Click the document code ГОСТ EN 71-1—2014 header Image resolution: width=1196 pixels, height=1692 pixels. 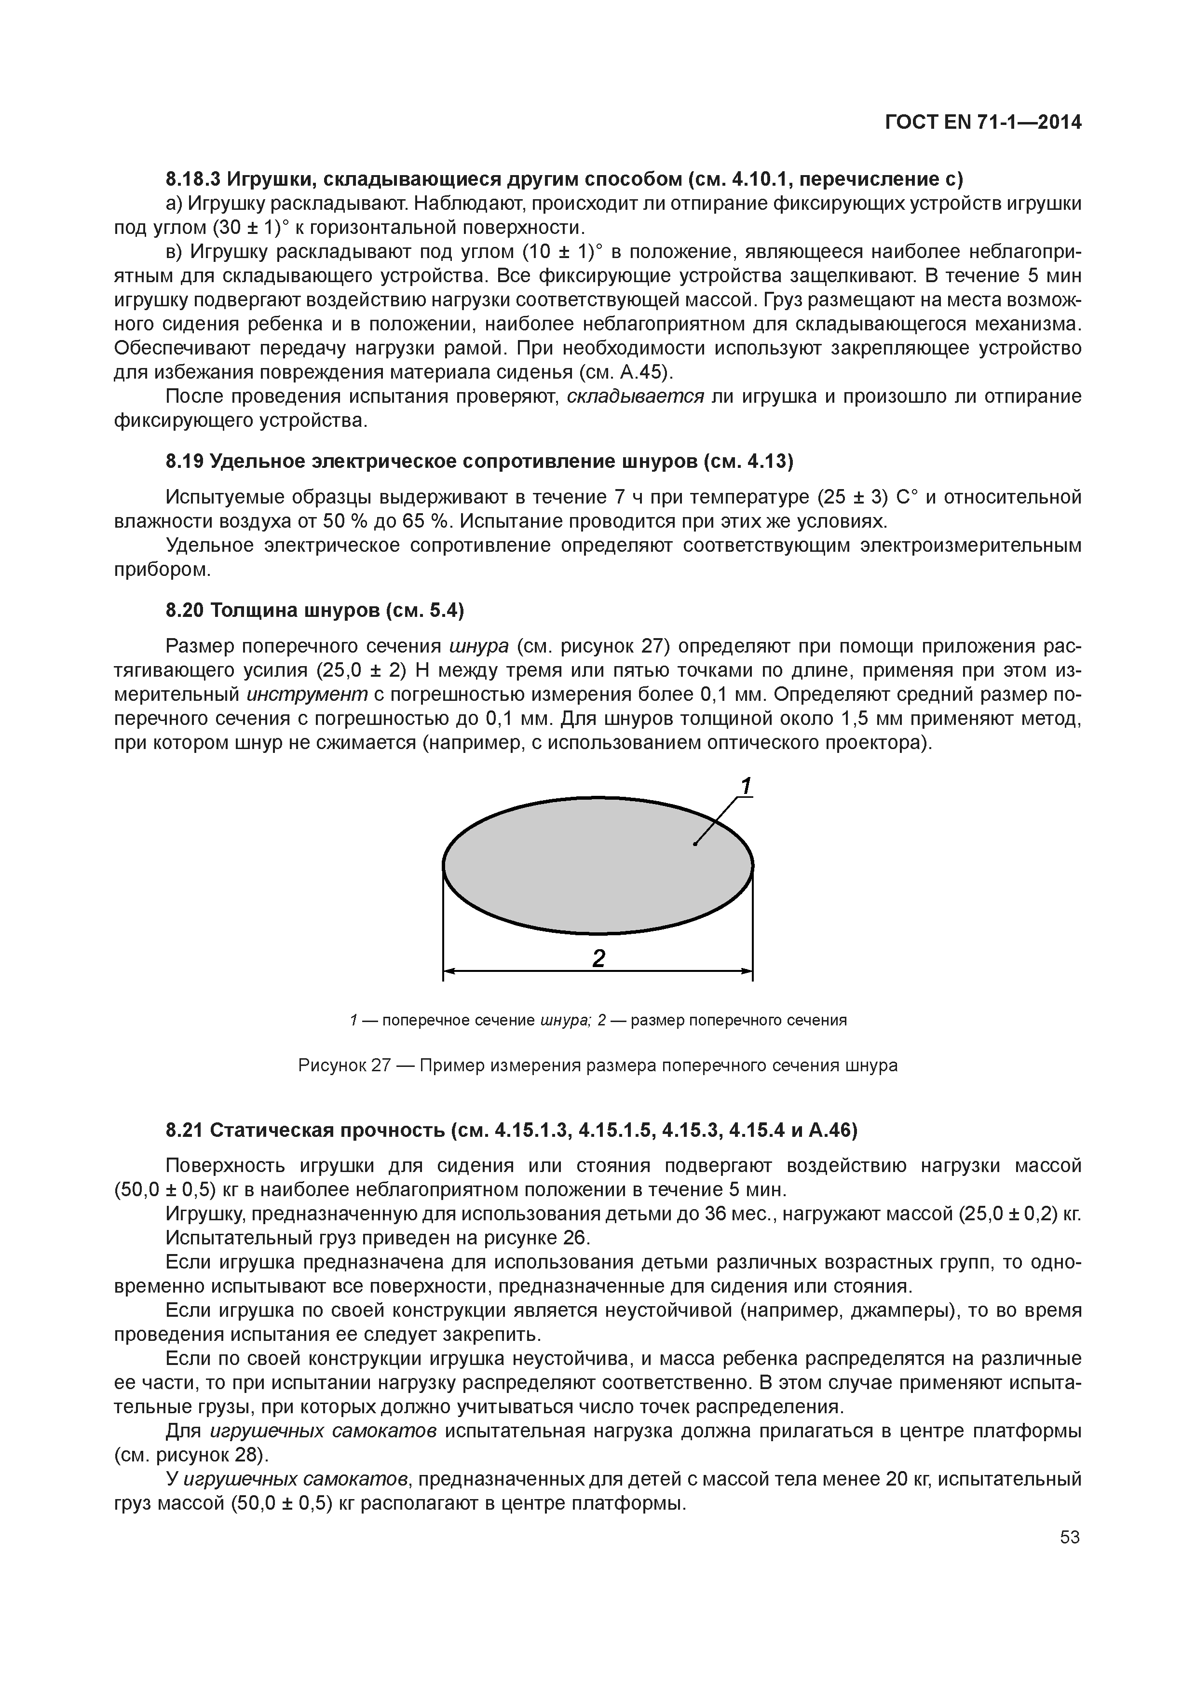(x=982, y=123)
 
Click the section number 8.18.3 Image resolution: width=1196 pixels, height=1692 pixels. (x=192, y=179)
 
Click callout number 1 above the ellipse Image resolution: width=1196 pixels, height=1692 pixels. (x=746, y=786)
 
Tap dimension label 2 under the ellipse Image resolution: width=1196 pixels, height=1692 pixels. (x=598, y=958)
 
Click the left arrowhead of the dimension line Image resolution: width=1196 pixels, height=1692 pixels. (x=449, y=971)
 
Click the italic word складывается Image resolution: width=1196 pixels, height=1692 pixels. (x=635, y=396)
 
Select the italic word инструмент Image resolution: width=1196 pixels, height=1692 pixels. (x=307, y=694)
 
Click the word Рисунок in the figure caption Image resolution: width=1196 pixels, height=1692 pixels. (x=330, y=1065)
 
